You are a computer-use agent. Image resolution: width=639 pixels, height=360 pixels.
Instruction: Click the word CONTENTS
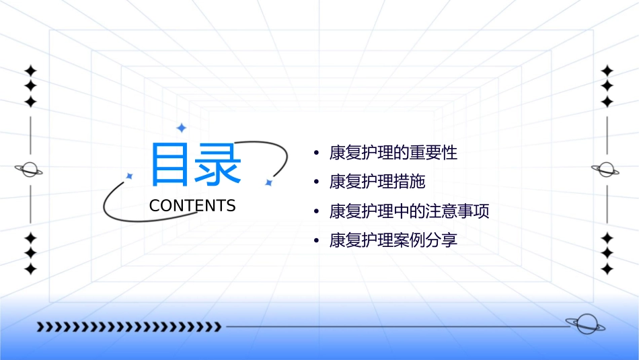(192, 206)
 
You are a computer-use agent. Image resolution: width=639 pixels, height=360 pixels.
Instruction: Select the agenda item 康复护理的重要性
(393, 153)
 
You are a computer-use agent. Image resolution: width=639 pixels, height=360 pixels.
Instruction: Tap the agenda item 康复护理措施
(377, 182)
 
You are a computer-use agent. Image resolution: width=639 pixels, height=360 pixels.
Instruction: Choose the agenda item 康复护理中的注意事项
(409, 211)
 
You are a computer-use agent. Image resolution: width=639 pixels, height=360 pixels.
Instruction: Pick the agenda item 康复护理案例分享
(393, 240)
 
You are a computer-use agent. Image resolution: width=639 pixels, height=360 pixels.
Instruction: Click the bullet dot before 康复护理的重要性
(316, 153)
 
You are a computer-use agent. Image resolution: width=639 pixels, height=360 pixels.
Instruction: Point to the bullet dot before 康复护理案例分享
(316, 241)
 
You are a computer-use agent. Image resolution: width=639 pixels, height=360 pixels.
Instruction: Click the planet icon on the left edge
(30, 170)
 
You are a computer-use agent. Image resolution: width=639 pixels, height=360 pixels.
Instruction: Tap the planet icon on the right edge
(607, 170)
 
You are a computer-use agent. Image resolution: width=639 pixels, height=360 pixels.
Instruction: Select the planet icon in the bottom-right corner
(585, 324)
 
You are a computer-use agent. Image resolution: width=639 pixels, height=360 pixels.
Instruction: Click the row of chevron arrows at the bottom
(128, 327)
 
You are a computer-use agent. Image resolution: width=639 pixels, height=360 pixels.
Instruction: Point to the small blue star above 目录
(181, 128)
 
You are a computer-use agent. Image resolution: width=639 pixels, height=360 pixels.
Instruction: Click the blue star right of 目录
(268, 182)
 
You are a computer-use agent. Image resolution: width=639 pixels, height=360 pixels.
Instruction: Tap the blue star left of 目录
(130, 176)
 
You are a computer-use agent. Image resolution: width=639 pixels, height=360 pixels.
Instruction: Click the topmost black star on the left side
(30, 70)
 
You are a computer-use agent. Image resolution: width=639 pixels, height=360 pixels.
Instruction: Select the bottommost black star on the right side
(607, 269)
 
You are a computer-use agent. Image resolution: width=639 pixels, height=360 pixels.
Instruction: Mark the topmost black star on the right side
(607, 70)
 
